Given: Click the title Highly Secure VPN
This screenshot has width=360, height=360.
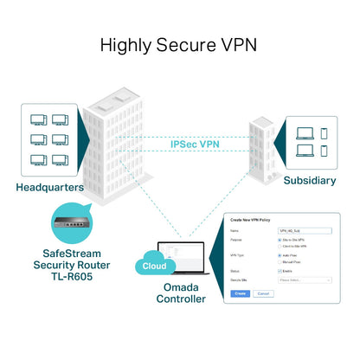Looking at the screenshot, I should (x=180, y=44).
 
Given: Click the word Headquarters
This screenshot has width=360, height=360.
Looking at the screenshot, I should (x=50, y=186).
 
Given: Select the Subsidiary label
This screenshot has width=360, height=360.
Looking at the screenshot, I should (x=311, y=180).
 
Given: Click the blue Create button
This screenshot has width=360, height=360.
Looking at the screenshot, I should (x=241, y=293).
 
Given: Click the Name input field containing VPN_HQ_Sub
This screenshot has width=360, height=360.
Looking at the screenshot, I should (x=299, y=231).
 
